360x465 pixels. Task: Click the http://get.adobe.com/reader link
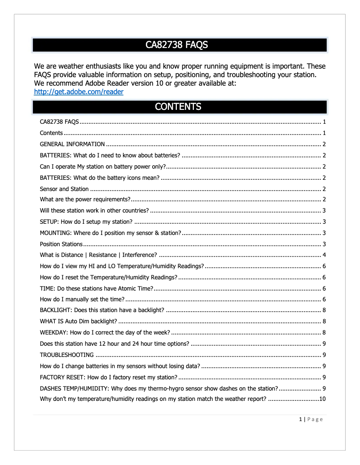click(x=79, y=92)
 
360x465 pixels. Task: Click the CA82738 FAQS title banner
click(x=180, y=45)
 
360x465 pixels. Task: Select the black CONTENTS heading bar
click(x=180, y=107)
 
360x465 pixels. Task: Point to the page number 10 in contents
click(x=322, y=399)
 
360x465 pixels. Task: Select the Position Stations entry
click(x=61, y=244)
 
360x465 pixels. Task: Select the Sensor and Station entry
click(x=64, y=189)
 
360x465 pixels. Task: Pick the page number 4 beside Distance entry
click(x=324, y=255)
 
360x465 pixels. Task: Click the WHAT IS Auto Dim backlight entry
click(x=79, y=322)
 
